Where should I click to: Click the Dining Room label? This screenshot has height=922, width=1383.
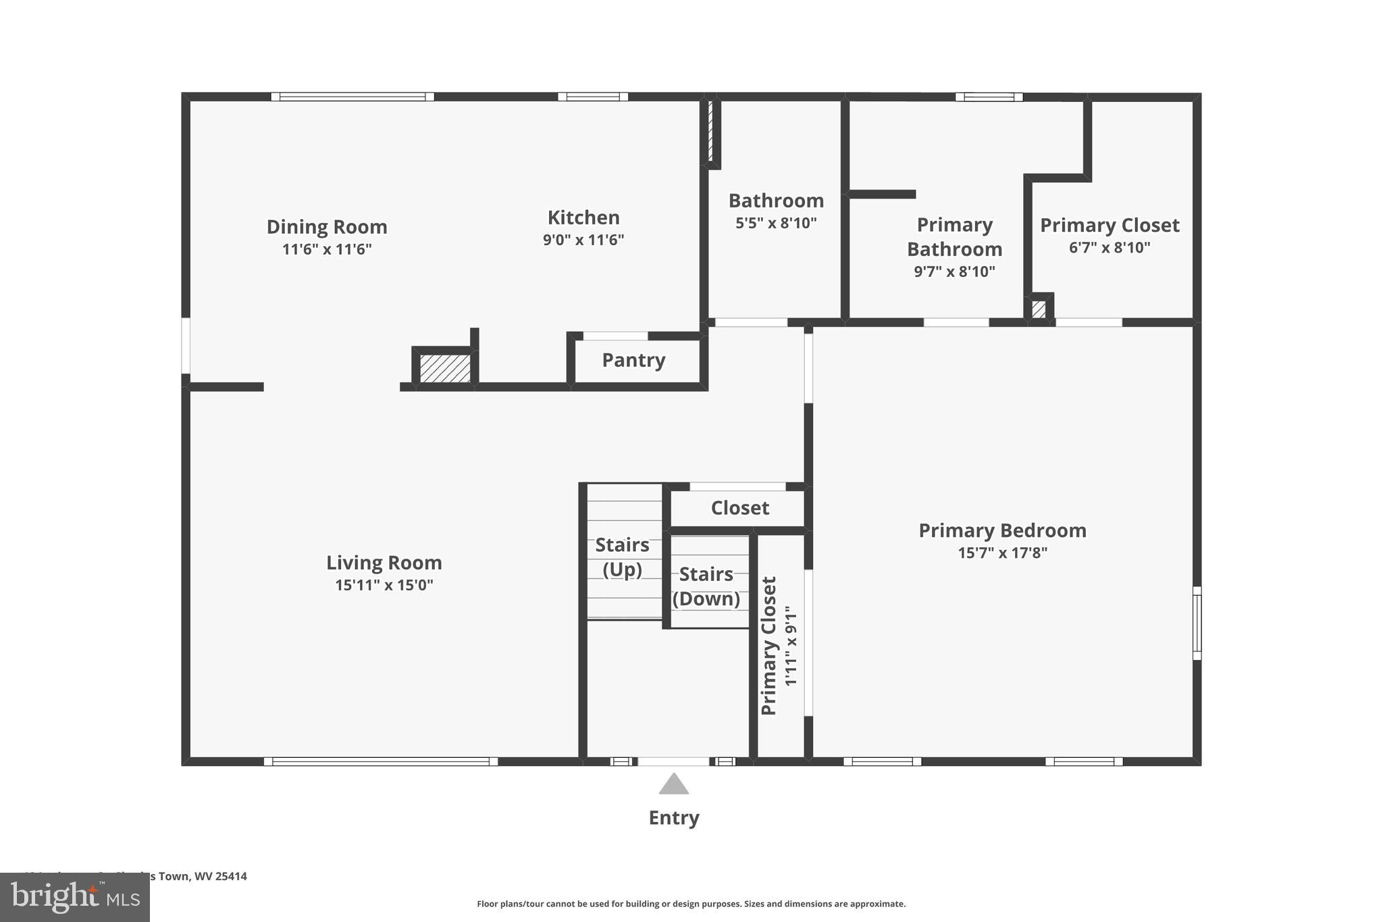click(327, 227)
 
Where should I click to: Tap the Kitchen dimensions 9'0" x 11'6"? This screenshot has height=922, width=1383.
click(583, 240)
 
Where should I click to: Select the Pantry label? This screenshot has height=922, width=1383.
click(633, 360)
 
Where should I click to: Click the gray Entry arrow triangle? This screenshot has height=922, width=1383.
click(673, 785)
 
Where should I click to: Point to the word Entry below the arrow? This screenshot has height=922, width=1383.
click(673, 818)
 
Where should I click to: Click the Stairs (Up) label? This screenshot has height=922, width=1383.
click(622, 557)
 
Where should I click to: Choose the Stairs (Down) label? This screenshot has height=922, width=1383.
click(706, 586)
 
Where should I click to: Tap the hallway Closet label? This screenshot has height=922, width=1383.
click(739, 508)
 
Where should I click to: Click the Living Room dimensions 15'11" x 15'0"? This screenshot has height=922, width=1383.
click(384, 585)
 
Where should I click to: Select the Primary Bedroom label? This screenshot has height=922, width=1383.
click(1002, 531)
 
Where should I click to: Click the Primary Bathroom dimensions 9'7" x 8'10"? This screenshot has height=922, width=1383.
click(954, 272)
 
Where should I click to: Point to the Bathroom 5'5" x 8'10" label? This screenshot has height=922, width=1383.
click(776, 211)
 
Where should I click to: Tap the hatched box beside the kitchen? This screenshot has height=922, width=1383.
click(444, 368)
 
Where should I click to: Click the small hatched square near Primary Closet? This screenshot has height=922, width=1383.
click(1039, 309)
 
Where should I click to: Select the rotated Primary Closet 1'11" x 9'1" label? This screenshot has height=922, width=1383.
click(779, 646)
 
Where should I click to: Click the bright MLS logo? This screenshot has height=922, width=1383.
click(75, 897)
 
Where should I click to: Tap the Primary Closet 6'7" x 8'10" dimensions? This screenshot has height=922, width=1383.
click(1109, 248)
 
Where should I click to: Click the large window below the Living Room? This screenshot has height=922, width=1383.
click(380, 761)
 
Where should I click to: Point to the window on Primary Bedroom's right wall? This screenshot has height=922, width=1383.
click(1197, 623)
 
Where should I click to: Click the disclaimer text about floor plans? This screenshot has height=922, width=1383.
click(691, 904)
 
